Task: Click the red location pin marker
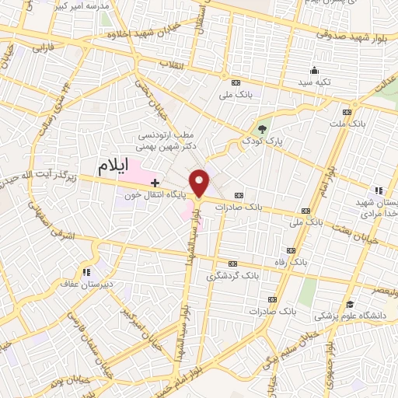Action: click(x=202, y=183)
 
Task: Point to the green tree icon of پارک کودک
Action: click(x=264, y=129)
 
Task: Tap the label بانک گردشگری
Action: click(x=232, y=275)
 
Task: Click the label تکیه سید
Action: click(x=316, y=81)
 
